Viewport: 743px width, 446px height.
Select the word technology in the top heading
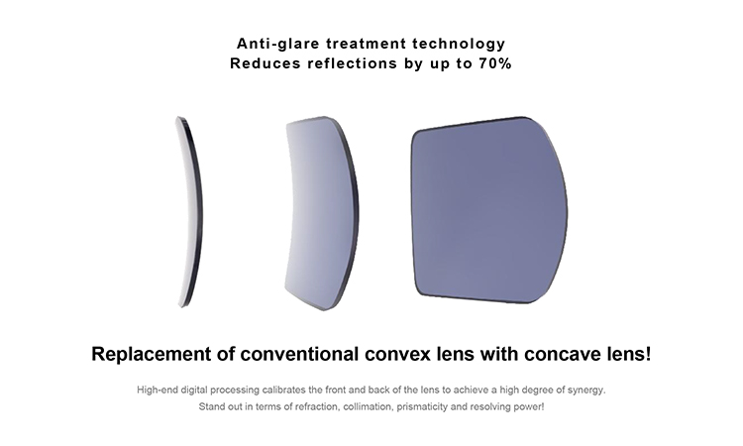pyautogui.click(x=459, y=45)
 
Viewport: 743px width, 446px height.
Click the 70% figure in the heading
pyautogui.click(x=494, y=63)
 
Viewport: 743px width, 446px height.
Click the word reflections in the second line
pyautogui.click(x=352, y=63)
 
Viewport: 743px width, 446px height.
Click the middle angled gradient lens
pyautogui.click(x=322, y=213)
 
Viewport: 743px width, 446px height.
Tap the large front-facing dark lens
pyautogui.click(x=489, y=210)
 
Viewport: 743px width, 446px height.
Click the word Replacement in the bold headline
pyautogui.click(x=152, y=354)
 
